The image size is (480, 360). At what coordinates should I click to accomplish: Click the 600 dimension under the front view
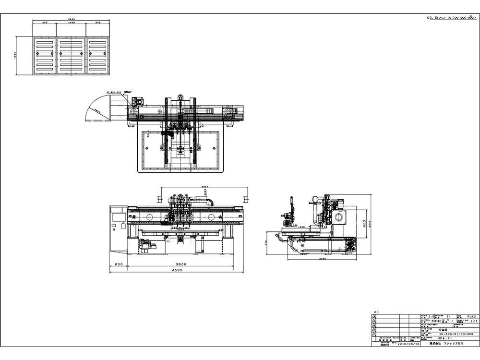pyautogui.click(x=120, y=264)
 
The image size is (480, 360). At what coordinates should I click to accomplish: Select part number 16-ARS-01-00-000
pyautogui.click(x=456, y=334)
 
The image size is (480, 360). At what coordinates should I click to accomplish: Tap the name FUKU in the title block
pyautogui.click(x=471, y=317)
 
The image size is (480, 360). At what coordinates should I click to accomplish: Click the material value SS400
pyautogui.click(x=436, y=321)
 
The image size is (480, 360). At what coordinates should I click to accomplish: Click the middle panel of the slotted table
pyautogui.click(x=71, y=55)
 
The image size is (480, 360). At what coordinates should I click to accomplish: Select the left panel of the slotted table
pyautogui.click(x=45, y=55)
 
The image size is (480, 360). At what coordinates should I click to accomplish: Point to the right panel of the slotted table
pyautogui.click(x=97, y=55)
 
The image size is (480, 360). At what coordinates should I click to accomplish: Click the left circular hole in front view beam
pyautogui.click(x=150, y=217)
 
